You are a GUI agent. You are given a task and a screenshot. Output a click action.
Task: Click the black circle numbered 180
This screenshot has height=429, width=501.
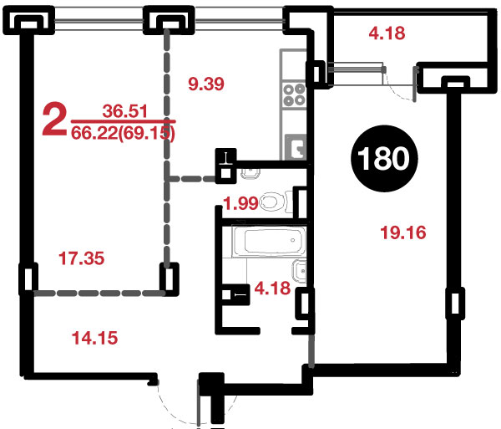[x=384, y=158]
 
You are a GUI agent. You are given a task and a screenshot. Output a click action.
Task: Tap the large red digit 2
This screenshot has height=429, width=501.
[x=54, y=119]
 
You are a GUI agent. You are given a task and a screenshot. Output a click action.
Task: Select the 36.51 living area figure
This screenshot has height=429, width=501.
[x=125, y=111]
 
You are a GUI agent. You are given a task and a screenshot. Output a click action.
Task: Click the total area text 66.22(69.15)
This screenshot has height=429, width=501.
[x=123, y=133]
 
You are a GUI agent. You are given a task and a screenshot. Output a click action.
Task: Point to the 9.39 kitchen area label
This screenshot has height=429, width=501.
[x=206, y=84]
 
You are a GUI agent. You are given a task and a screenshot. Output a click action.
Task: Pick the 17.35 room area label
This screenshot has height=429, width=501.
[x=82, y=258]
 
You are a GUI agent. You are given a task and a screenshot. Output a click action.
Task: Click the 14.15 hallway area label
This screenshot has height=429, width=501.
[x=95, y=338]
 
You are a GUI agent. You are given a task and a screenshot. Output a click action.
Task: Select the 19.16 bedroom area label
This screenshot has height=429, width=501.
[x=403, y=232]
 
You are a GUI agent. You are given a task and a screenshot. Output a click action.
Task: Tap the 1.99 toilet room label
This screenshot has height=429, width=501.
[x=240, y=203]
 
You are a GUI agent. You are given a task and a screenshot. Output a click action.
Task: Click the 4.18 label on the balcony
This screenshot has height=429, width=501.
[x=387, y=33]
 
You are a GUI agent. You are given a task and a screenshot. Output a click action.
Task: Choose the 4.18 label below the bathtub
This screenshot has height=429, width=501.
[x=272, y=289]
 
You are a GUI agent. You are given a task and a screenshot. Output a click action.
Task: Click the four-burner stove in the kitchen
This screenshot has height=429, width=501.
[x=294, y=94]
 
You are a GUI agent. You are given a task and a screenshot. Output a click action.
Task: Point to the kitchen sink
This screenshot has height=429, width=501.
[x=296, y=147]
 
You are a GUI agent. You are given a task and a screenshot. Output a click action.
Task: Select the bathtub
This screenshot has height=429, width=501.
[x=269, y=241]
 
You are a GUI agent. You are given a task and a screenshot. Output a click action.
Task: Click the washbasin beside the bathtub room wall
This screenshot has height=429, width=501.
[x=300, y=271]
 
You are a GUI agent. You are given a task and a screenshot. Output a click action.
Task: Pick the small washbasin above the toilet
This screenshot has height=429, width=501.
[x=250, y=173]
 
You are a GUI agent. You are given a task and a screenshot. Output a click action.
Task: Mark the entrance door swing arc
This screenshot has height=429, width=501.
[x=177, y=406]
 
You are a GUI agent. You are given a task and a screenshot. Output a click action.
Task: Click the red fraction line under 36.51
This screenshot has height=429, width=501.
[x=123, y=121]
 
